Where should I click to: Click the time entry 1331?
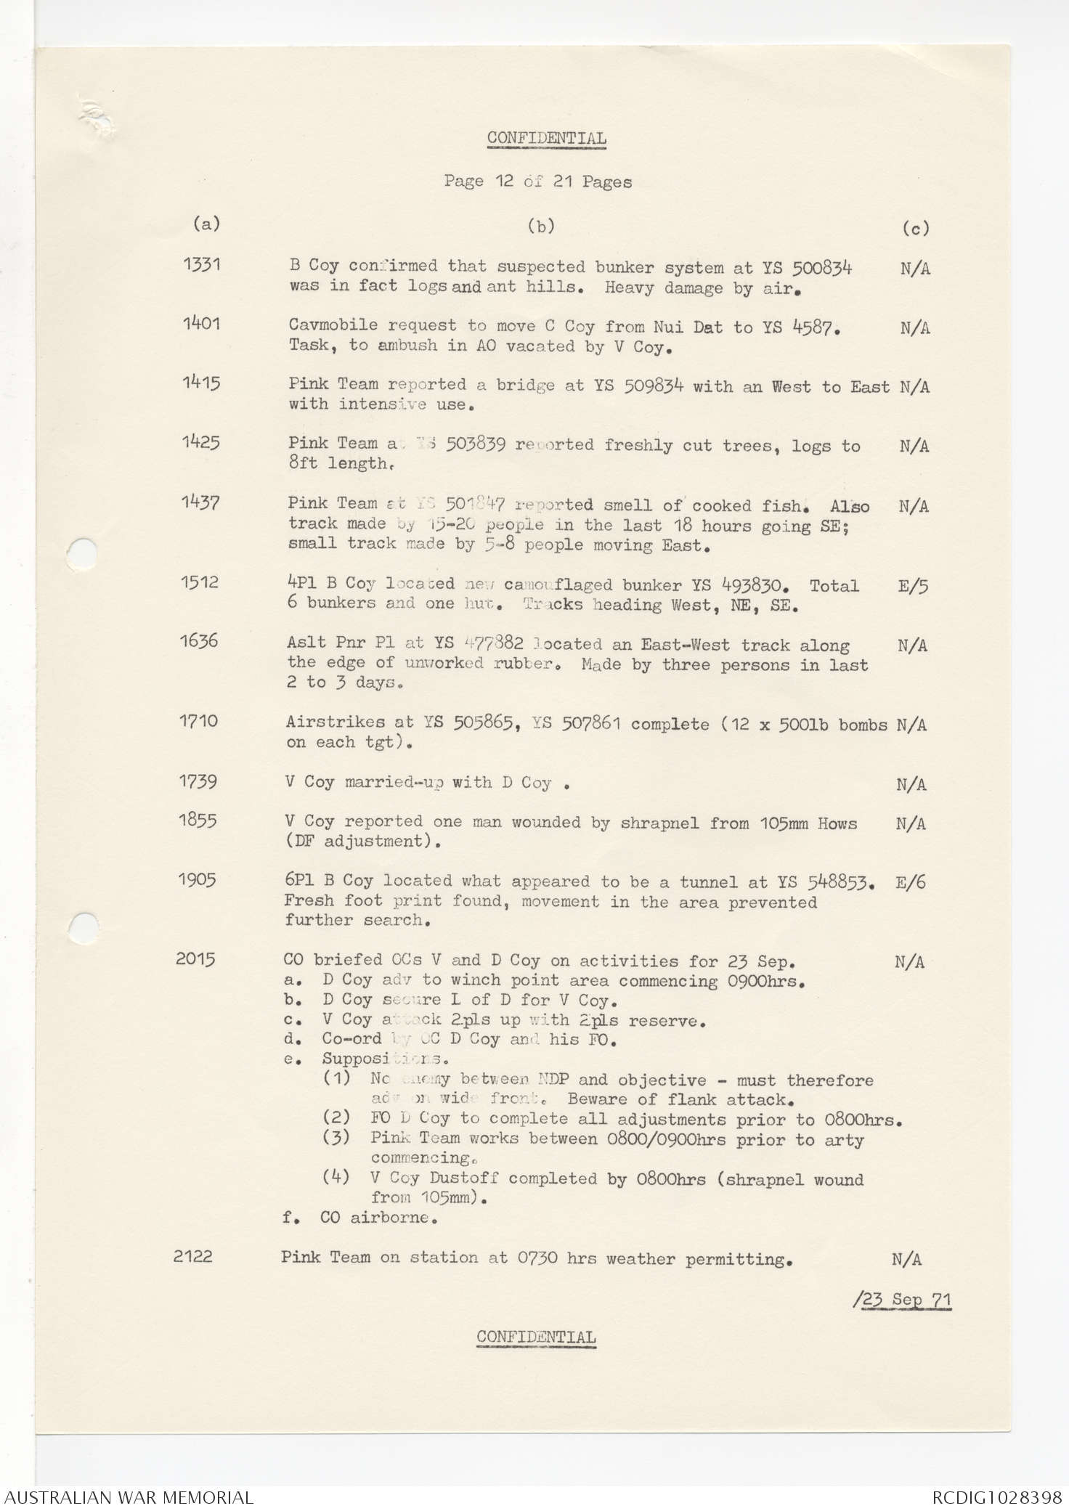click(x=201, y=264)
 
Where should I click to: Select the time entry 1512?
click(x=200, y=582)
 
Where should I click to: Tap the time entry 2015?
click(x=195, y=958)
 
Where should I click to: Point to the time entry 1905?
click(x=197, y=879)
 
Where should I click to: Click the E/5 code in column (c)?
click(x=913, y=586)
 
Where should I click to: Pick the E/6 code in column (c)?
click(x=911, y=883)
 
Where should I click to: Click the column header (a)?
click(x=206, y=224)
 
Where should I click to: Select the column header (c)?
click(x=916, y=229)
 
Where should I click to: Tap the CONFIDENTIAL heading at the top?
click(x=546, y=138)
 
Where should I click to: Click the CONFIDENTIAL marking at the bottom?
click(x=536, y=1337)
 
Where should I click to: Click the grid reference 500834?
click(x=821, y=269)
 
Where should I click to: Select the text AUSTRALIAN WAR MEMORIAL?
click(x=127, y=1497)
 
